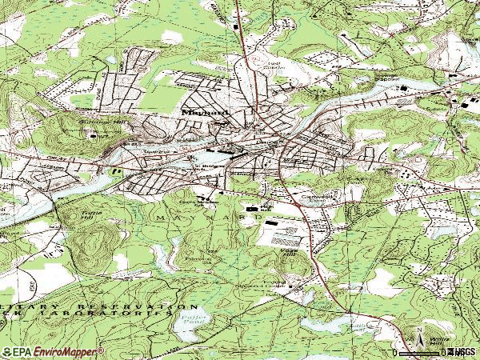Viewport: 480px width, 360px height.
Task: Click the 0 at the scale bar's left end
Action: [395, 352]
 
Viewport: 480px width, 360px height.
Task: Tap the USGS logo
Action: [463, 352]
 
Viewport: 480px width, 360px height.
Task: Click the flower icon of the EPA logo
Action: [7, 352]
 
